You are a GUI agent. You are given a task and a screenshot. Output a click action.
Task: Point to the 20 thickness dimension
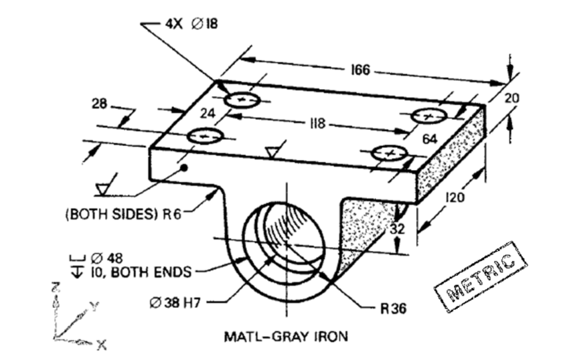511,98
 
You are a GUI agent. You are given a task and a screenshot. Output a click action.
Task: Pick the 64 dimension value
430,139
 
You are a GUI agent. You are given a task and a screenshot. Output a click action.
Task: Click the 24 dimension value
208,114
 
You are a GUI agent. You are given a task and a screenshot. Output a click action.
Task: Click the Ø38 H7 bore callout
175,302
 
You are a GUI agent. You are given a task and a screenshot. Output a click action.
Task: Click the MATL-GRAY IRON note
286,336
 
